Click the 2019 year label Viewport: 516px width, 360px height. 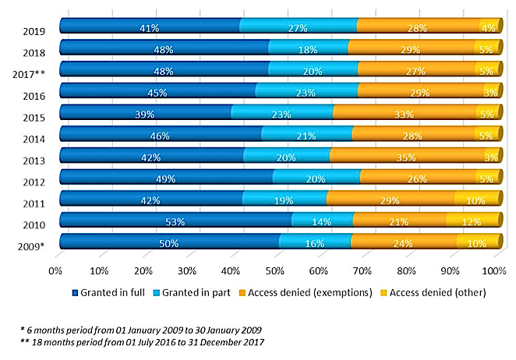pos(34,32)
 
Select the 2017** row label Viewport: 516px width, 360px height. pos(30,75)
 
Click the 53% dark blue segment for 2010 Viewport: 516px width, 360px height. pos(175,222)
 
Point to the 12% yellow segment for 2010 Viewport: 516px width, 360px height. pos(472,222)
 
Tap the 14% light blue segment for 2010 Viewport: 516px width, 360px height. pos(321,222)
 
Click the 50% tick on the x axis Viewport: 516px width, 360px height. pos(274,271)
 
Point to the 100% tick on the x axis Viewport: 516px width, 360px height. pos(495,271)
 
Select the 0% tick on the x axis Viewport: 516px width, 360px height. pos(55,271)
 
